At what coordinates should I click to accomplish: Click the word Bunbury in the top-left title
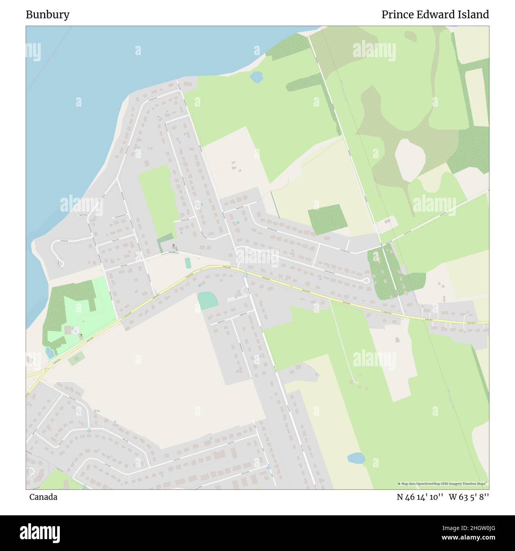48,15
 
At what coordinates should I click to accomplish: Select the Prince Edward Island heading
435,15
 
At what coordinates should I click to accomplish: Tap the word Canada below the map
43,497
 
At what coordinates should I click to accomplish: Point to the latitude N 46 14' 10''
420,497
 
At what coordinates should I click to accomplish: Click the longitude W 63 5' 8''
469,497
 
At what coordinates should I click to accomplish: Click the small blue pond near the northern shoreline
256,77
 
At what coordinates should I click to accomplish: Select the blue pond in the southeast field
356,458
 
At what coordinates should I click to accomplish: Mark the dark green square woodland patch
328,219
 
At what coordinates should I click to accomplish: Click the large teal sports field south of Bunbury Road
208,300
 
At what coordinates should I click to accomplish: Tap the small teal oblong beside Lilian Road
188,263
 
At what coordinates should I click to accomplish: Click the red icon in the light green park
82,335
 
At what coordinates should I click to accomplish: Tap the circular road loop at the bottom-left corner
31,472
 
